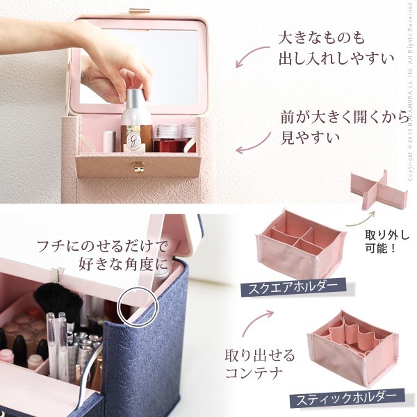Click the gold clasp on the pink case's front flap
point(138,167)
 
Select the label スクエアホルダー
point(293,287)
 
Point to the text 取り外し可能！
point(387,242)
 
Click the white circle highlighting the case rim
point(138,306)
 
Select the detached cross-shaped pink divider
point(379,190)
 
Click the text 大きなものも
point(321,38)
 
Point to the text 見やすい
point(311,138)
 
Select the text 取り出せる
point(260,356)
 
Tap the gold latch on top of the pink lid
point(140,11)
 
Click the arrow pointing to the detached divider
point(360,219)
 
